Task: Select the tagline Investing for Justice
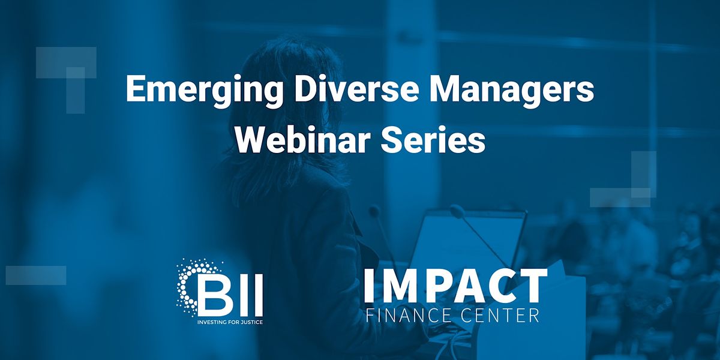pos(230,321)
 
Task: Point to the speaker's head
pos(288,78)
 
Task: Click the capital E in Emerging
pos(135,90)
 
